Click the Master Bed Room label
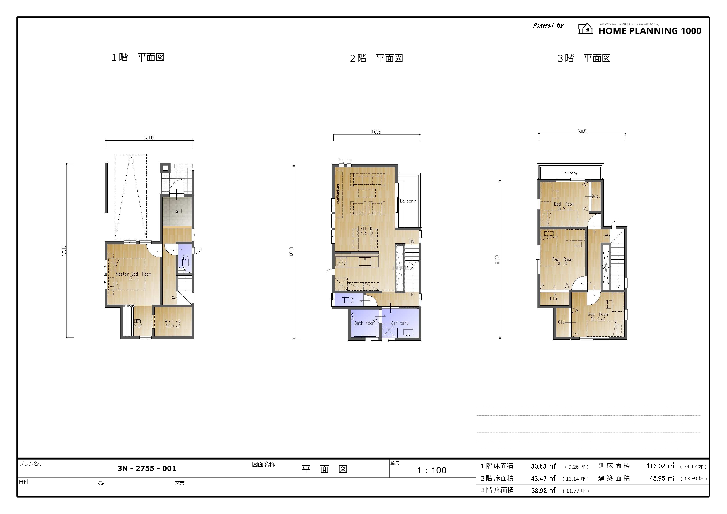133,276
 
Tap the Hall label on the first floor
177,211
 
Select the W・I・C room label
173,323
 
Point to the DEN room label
137,323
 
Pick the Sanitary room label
400,323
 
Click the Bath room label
364,323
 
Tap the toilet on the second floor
347,300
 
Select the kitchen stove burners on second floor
341,262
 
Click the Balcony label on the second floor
407,201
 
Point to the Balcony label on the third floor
570,173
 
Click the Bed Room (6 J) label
562,261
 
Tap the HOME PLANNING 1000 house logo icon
586,29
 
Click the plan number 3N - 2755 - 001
147,468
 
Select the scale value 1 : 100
431,470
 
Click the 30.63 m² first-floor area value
543,466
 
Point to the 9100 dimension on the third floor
497,260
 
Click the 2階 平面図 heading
376,58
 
